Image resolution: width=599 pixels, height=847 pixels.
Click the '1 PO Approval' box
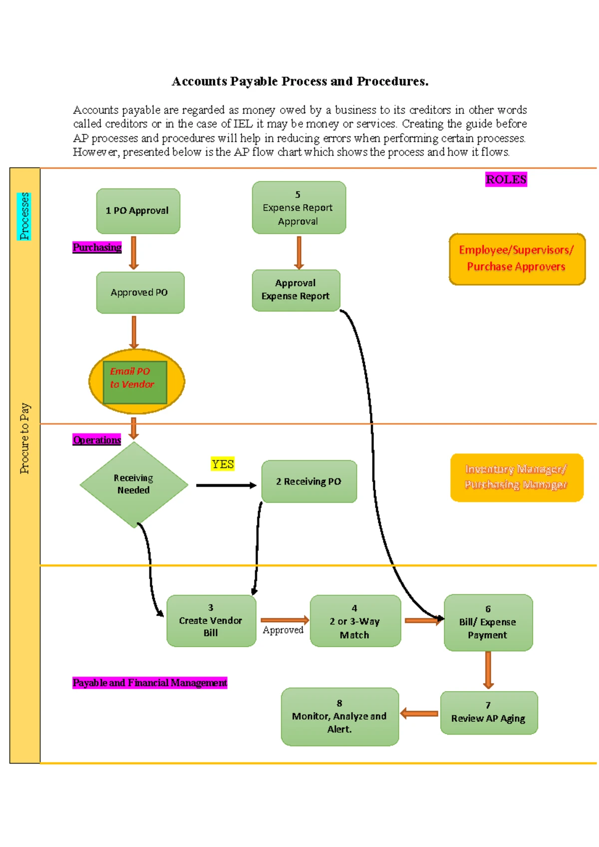coord(138,211)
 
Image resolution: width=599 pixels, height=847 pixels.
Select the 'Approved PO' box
coord(140,293)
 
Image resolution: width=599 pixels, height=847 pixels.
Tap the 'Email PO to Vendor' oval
coord(136,382)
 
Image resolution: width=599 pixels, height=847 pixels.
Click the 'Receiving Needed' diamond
coord(134,484)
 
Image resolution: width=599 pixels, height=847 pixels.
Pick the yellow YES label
coord(222,464)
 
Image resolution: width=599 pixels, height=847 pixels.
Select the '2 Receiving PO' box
coord(309,481)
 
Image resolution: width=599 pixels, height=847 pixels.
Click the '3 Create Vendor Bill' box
coord(211,621)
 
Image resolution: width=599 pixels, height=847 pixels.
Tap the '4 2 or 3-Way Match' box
coord(355,621)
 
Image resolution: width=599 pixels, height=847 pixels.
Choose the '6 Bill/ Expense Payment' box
coord(488,622)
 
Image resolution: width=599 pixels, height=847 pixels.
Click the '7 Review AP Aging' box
coord(489,713)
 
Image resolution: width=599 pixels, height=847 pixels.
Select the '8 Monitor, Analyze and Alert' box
coord(339,717)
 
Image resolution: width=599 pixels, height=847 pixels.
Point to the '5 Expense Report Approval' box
coord(299,208)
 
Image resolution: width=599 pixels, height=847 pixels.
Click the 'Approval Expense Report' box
coord(296,290)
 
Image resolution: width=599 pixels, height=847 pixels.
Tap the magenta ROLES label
coord(506,180)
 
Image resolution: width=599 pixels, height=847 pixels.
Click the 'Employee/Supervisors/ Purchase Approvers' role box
coord(517,259)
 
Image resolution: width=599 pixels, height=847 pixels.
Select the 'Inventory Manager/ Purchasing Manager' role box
coord(517,477)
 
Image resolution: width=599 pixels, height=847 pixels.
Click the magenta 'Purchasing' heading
coord(97,248)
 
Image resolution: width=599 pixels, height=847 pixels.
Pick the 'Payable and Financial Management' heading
coord(149,683)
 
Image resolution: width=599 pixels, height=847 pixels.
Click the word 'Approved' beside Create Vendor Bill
coord(283,630)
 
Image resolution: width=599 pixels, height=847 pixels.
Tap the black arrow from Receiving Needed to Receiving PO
coord(226,485)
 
